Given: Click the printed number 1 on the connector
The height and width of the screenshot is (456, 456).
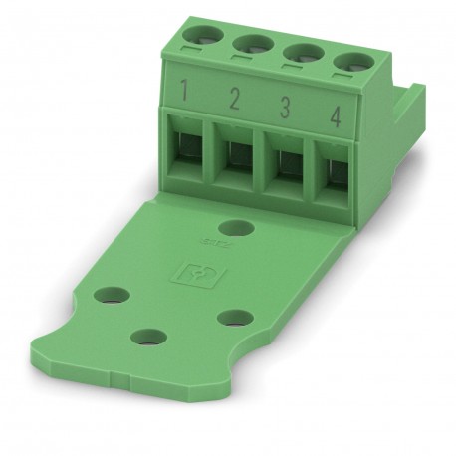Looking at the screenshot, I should click(186, 95).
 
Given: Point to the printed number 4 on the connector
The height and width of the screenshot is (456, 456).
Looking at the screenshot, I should click(336, 114).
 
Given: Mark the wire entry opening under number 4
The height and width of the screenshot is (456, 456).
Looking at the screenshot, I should click(333, 166).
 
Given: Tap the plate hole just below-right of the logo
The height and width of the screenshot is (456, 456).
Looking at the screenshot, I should click(236, 318).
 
